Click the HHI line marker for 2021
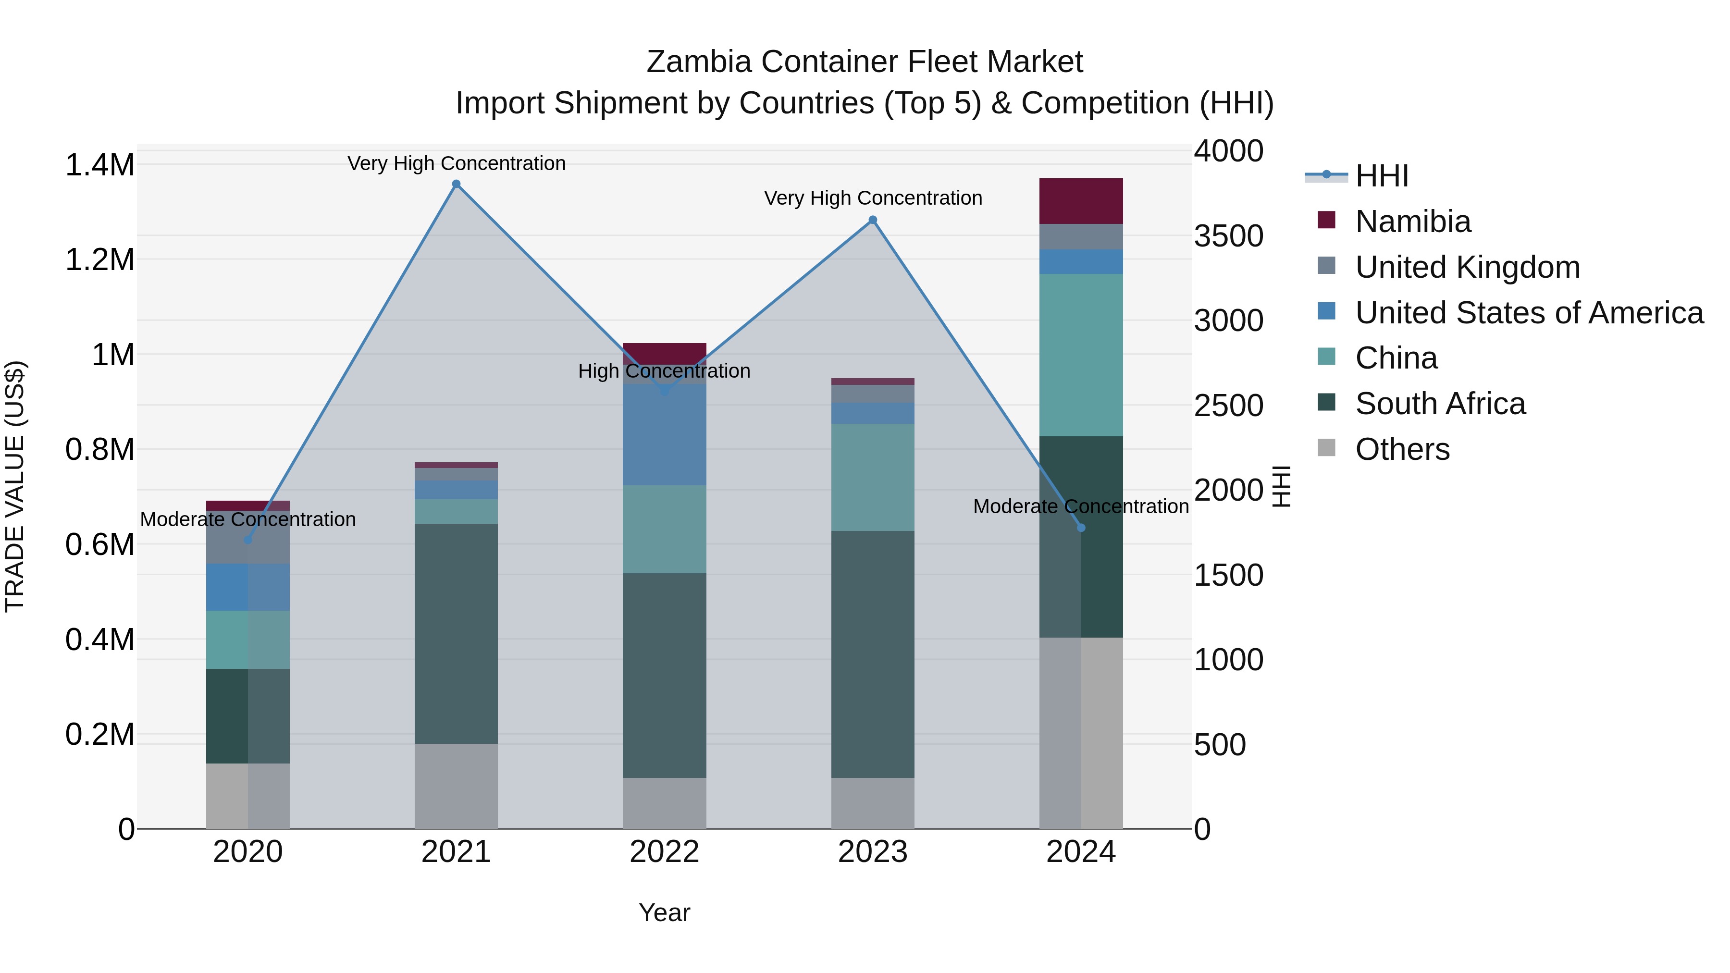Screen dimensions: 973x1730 point(456,184)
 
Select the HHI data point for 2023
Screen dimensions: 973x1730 point(872,220)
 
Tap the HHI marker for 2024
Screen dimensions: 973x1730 point(1081,528)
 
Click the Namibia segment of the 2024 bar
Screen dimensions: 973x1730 point(1081,201)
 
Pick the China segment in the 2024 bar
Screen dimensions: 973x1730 point(1081,355)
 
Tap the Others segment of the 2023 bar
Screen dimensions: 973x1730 point(872,802)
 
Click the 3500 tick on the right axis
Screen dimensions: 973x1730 point(1228,236)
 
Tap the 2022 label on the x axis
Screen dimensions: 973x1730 point(664,852)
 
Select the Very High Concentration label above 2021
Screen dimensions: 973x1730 point(456,163)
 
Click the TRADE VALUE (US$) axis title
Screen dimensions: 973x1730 point(15,486)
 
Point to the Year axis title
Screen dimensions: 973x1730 point(664,912)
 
